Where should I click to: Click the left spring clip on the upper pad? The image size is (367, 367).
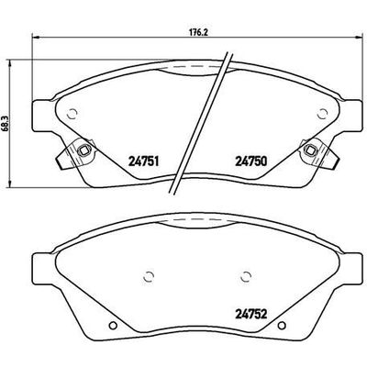pyautogui.click(x=81, y=150)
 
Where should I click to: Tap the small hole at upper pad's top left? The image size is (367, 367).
pyautogui.click(x=68, y=114)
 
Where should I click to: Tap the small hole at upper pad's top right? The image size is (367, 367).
pyautogui.click(x=321, y=114)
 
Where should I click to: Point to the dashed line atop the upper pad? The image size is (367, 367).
pyautogui.click(x=195, y=66)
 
